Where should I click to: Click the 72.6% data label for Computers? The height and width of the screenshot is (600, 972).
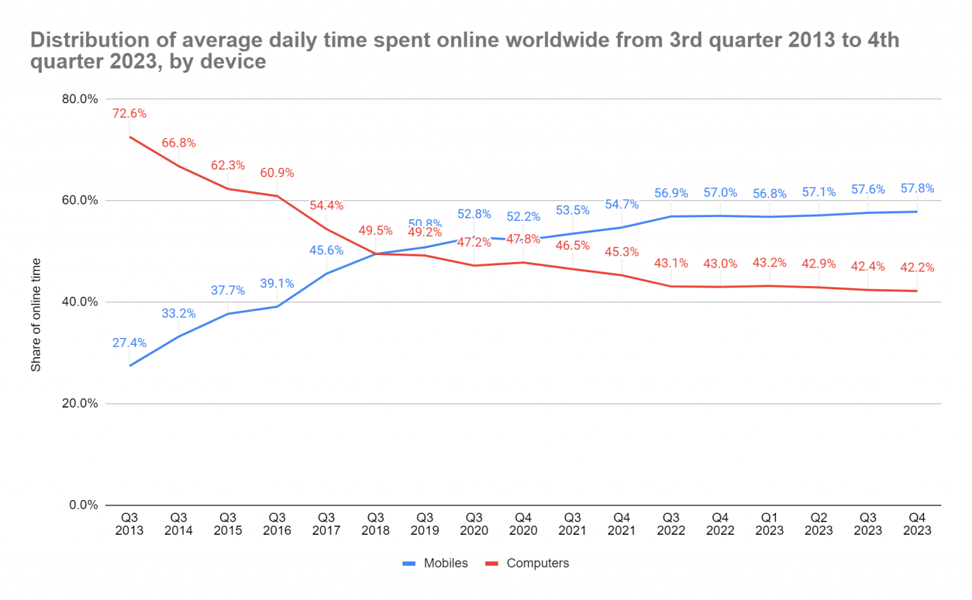click(x=129, y=114)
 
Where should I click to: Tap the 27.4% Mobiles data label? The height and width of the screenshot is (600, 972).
click(x=129, y=343)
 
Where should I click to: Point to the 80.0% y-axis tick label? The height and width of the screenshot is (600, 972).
click(x=80, y=99)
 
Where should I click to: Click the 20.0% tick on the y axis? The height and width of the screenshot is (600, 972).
click(x=80, y=404)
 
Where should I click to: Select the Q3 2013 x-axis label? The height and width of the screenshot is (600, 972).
click(x=129, y=524)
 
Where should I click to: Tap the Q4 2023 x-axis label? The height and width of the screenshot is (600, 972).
click(x=917, y=524)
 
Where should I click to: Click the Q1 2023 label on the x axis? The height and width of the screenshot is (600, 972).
click(x=769, y=524)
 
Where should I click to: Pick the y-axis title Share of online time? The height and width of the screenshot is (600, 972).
click(x=36, y=315)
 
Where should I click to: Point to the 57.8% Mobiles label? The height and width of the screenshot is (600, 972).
click(x=917, y=189)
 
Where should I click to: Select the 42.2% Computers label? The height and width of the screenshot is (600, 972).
click(x=917, y=268)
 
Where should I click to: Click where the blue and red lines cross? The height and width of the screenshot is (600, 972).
click(x=375, y=254)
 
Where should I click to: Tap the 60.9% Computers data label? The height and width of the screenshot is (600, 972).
click(x=277, y=173)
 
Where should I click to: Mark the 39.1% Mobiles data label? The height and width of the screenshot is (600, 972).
click(x=277, y=284)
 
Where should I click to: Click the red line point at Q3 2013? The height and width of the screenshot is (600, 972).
click(x=129, y=137)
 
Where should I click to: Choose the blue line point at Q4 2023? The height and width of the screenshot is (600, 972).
click(x=917, y=211)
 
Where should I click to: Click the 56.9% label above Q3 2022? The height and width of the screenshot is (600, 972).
click(x=671, y=193)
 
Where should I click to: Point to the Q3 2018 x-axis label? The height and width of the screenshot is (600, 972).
click(x=375, y=524)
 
